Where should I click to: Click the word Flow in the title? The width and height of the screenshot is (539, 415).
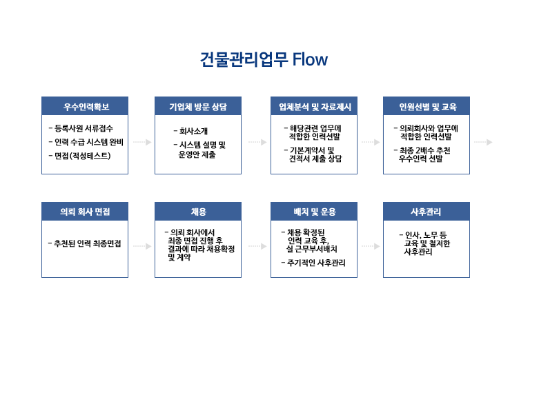pos(310,59)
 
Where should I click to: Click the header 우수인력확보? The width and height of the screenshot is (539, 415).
pos(86,107)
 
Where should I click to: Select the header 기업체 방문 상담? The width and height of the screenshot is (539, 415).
pos(198,107)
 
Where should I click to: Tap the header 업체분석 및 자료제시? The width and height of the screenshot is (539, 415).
pos(315,107)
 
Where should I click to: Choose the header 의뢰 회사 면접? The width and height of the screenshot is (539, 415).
pos(85,212)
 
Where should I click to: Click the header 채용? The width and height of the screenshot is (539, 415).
pos(198,212)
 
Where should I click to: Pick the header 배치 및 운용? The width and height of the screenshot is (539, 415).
pos(315,212)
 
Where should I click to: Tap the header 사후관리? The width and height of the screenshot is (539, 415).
pos(426,212)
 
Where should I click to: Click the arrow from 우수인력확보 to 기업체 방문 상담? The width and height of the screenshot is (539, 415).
pos(142,142)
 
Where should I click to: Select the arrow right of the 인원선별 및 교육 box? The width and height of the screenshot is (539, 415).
pos(483,142)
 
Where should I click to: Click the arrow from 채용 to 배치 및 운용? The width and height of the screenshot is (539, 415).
pos(257,246)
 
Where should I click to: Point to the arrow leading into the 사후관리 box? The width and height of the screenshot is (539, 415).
pos(371,246)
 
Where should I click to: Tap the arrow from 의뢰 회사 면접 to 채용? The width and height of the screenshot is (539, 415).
pos(142,246)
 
